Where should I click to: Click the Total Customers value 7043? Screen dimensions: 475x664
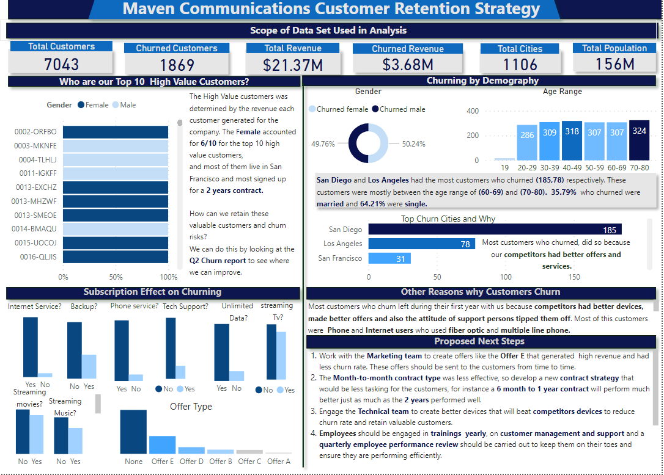tap(61, 64)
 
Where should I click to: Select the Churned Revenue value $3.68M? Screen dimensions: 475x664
tap(408, 65)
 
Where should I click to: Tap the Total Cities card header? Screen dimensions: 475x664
tap(520, 49)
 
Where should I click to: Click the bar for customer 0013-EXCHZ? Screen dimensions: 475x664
tap(115, 187)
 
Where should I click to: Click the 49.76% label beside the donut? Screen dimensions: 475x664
tap(323, 144)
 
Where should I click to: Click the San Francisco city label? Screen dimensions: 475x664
tap(340, 258)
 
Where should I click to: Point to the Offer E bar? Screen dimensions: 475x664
tap(162, 444)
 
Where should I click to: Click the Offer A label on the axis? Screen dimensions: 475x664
tap(279, 461)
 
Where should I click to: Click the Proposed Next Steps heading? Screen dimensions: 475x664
tap(479, 341)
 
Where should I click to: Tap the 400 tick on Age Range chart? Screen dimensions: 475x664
tap(473, 111)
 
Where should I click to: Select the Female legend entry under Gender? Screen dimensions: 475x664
tap(93, 105)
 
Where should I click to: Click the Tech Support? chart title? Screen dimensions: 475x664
tap(185, 306)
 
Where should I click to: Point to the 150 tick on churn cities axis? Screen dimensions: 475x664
tap(574, 277)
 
